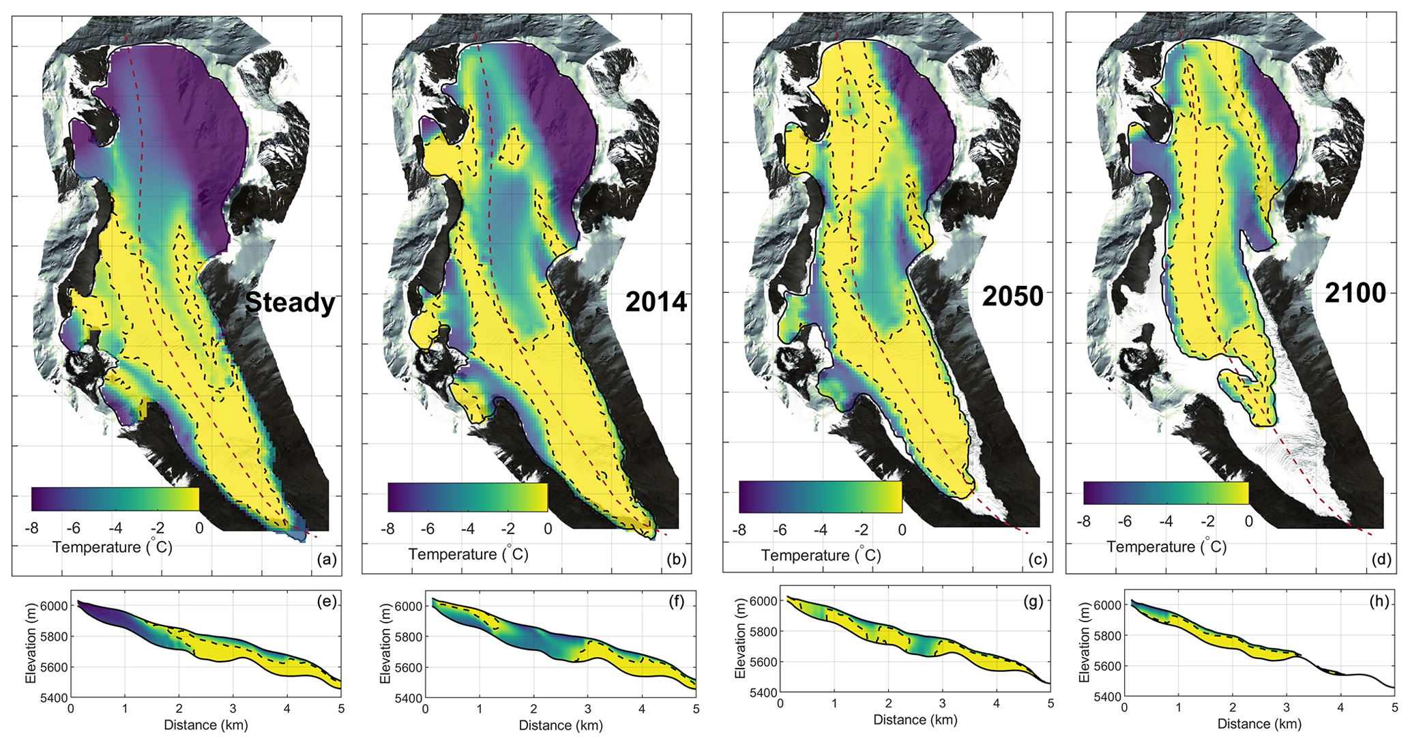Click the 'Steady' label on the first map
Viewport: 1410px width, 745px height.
click(290, 302)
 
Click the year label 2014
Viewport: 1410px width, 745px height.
click(656, 302)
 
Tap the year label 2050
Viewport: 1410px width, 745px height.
click(1013, 297)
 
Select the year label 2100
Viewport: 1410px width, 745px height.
click(1355, 293)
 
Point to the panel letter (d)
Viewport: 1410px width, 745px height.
click(1381, 559)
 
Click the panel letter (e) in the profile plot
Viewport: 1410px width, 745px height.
click(328, 602)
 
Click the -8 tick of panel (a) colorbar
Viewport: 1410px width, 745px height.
click(31, 528)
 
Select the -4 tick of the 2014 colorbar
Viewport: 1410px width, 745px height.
click(467, 529)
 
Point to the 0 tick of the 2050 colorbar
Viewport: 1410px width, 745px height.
click(902, 530)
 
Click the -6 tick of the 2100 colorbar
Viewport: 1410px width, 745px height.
click(1125, 521)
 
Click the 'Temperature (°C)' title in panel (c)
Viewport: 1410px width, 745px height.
click(821, 555)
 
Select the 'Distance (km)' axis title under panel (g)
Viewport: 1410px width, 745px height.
click(915, 720)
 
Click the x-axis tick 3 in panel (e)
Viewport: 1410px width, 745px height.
click(233, 710)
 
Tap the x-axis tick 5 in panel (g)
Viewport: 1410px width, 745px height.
click(1051, 704)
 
